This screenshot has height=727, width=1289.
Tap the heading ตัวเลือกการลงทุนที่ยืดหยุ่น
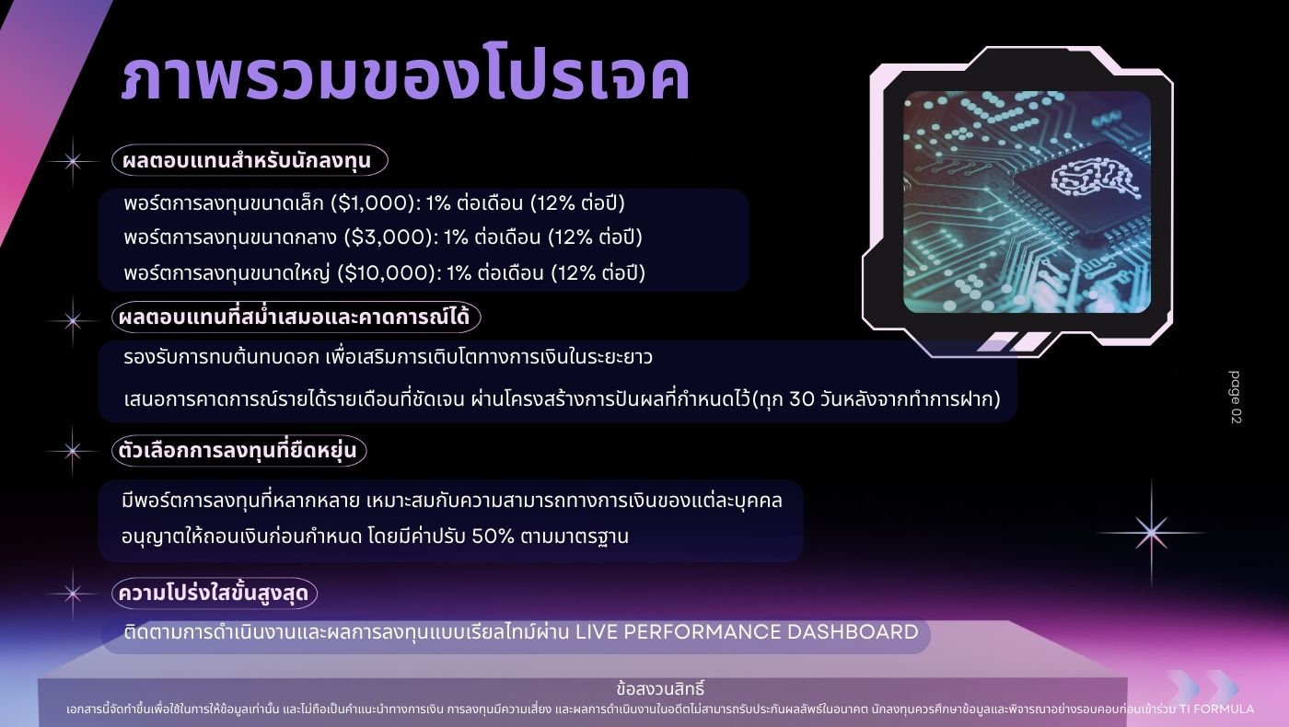click(x=238, y=450)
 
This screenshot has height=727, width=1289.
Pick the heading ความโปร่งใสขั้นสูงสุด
click(x=213, y=593)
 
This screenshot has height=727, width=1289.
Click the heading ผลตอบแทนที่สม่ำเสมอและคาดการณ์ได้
click(x=294, y=317)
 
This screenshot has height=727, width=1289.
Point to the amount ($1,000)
click(x=372, y=203)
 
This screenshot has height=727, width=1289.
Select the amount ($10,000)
click(x=386, y=272)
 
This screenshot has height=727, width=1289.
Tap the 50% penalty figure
click(x=493, y=537)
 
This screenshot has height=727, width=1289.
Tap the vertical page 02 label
click(x=1235, y=398)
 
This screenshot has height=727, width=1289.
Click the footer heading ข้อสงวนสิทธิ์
click(x=660, y=688)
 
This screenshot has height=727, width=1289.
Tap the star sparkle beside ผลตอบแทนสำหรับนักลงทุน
click(x=73, y=162)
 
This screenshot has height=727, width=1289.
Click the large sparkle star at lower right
click(x=1151, y=533)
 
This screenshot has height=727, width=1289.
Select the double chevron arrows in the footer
click(x=1202, y=688)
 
